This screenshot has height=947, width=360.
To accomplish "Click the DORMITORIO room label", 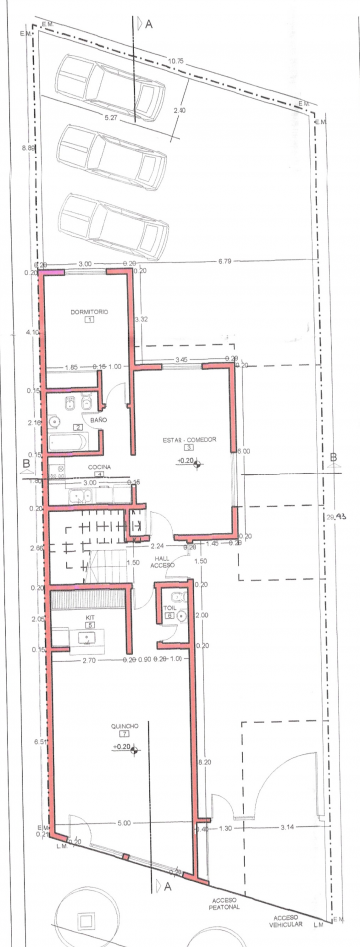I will click(x=88, y=312).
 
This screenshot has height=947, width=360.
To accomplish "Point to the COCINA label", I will click(x=99, y=467).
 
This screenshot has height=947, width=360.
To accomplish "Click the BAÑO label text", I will click(x=98, y=420).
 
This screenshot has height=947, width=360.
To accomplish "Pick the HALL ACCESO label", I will click(x=162, y=562).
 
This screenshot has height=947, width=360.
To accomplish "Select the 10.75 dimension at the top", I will click(x=177, y=62).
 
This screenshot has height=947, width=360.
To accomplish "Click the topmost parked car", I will click(x=110, y=86).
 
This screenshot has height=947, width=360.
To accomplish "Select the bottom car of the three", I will click(x=111, y=225).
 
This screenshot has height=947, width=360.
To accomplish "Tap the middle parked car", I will click(x=111, y=157).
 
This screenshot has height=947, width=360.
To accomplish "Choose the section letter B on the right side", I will click(x=332, y=458).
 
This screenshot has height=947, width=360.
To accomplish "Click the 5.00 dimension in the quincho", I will click(x=124, y=823).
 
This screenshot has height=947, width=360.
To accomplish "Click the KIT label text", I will click(x=88, y=618).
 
